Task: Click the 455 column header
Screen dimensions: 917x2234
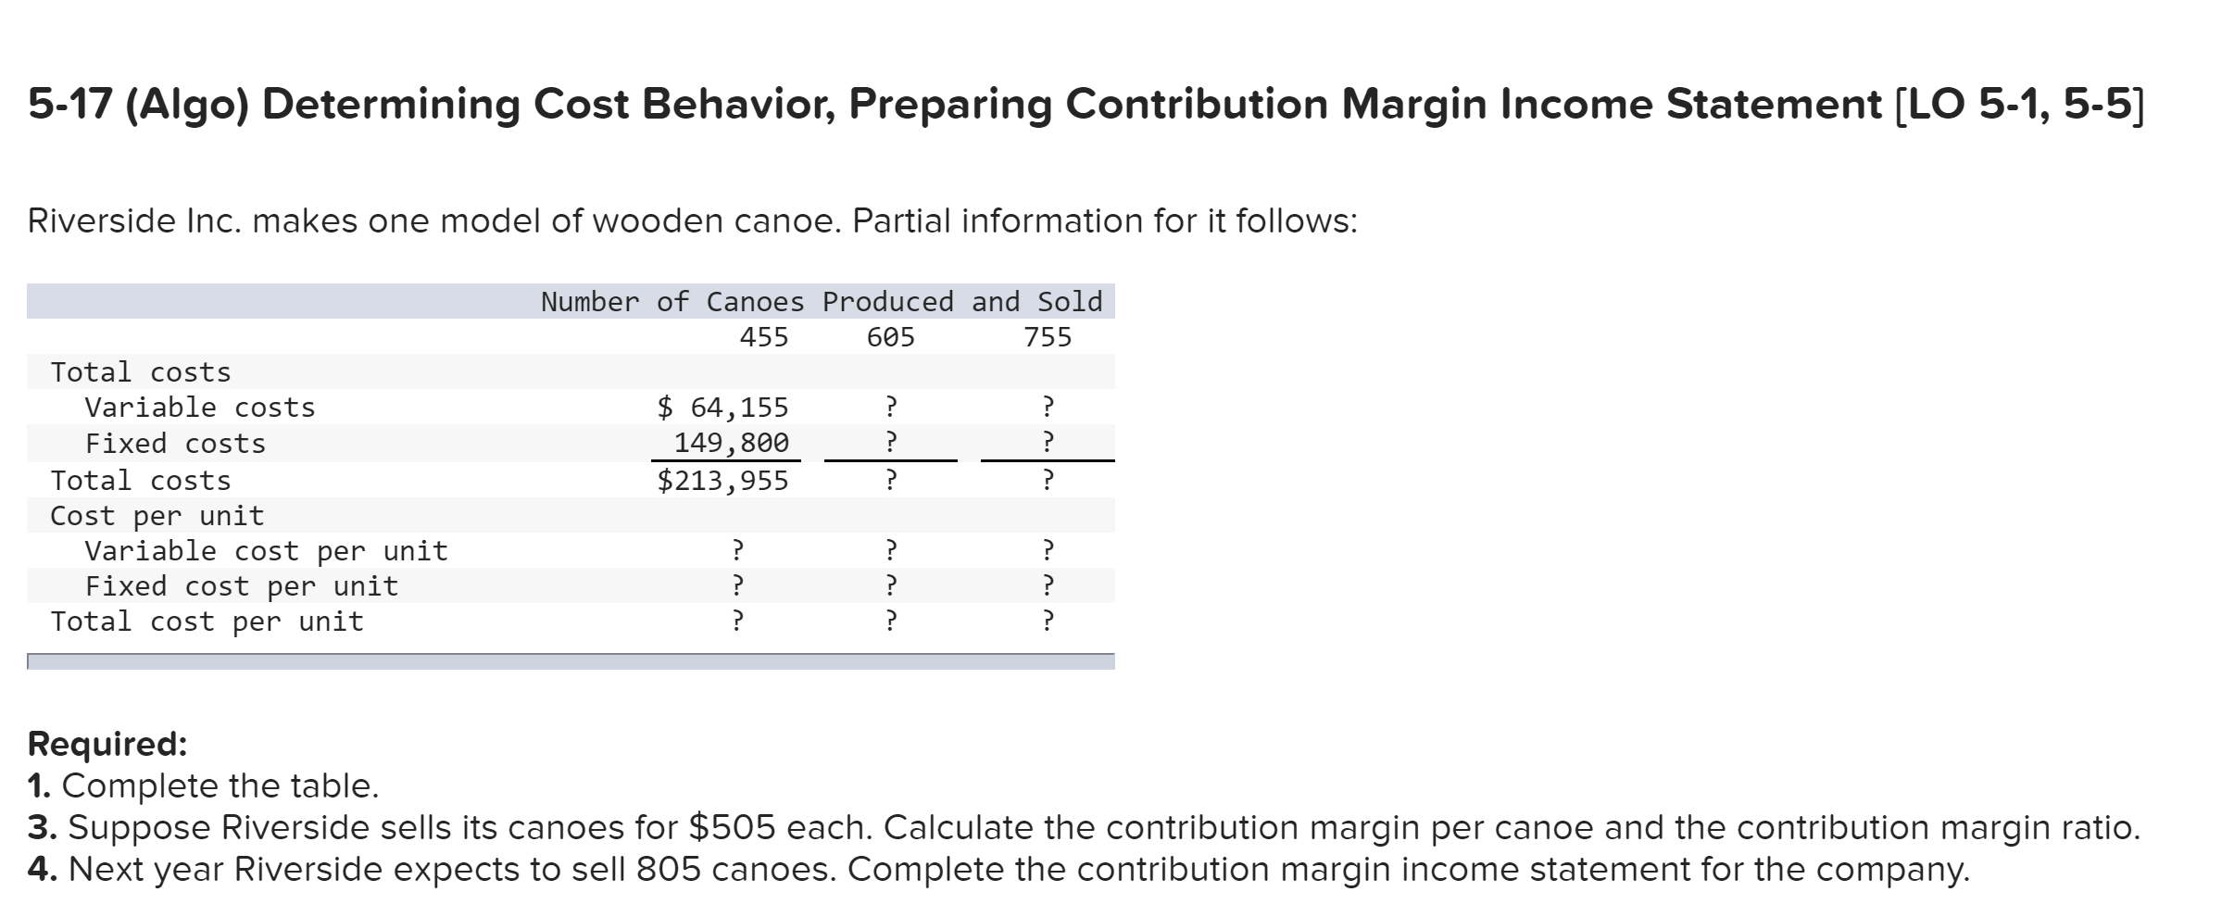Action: point(764,337)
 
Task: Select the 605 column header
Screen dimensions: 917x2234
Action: point(890,337)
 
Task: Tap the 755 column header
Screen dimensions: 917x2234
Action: point(1048,337)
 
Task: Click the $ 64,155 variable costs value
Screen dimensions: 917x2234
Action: point(722,408)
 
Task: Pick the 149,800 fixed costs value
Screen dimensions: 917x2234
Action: point(731,443)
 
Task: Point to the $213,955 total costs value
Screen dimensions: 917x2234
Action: point(722,481)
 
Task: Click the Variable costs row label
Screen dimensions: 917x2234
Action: point(199,408)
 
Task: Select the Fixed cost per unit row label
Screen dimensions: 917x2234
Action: point(241,586)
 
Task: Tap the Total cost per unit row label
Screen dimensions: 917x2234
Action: point(207,622)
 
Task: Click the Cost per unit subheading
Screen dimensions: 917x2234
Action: point(157,516)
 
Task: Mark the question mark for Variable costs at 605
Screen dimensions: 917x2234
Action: point(890,407)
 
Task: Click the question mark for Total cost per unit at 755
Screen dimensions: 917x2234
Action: point(1048,621)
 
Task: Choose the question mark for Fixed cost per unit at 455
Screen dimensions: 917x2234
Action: point(737,585)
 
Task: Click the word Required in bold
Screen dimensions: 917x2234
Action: point(107,744)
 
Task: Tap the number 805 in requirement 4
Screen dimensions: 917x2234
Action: point(668,870)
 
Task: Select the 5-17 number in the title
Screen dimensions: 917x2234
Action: point(69,104)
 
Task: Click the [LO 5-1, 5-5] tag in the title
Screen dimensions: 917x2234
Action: point(2014,104)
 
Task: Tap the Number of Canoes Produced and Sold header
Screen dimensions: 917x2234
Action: point(822,302)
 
